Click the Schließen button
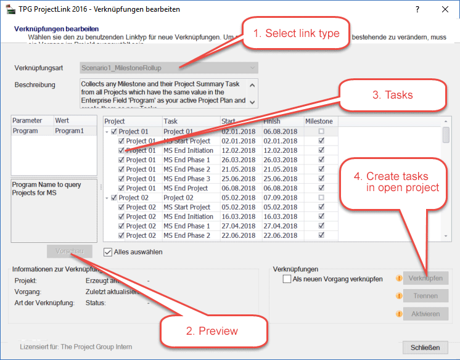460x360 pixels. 425,348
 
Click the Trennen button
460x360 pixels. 425,296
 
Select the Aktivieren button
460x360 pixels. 425,314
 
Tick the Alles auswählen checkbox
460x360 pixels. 109,252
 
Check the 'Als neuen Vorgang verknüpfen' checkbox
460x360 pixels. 287,279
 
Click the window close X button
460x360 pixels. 445,10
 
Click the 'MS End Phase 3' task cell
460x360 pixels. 187,179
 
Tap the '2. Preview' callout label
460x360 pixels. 212,331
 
